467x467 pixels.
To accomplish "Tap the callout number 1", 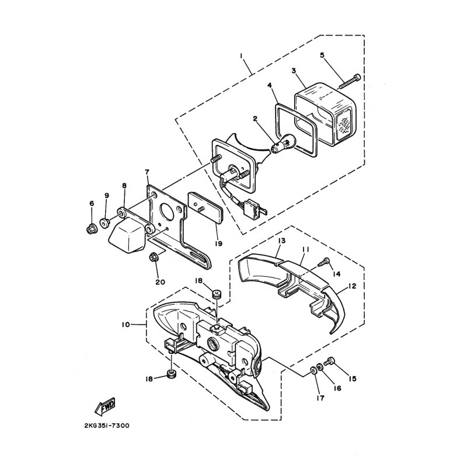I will click(x=240, y=57).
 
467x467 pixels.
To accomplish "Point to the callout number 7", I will click(x=146, y=172).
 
